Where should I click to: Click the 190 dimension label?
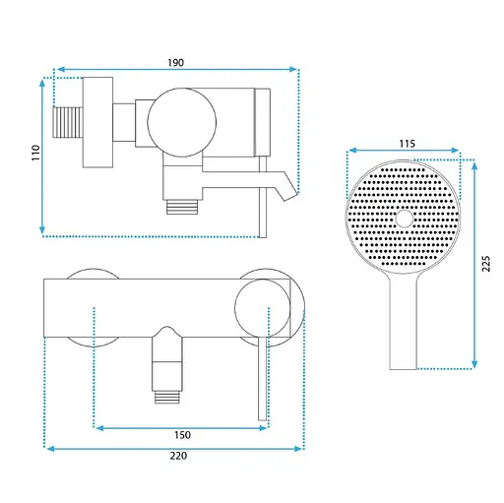(x=176, y=62)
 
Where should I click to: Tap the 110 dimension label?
(x=35, y=153)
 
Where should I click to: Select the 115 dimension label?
(x=407, y=144)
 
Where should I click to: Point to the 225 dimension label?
(x=486, y=264)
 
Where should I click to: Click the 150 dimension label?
(x=182, y=435)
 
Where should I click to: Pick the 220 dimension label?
(x=178, y=456)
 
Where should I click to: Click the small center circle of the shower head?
(x=404, y=219)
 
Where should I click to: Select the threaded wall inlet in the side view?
(x=68, y=122)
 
